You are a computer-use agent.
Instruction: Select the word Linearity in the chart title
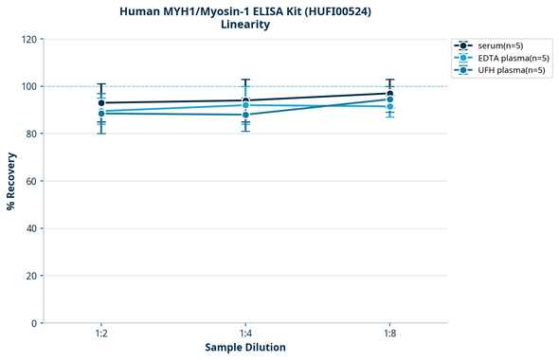pyautogui.click(x=244, y=25)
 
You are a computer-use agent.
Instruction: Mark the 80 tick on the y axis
pyautogui.click(x=31, y=134)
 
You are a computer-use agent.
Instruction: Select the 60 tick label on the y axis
pyautogui.click(x=31, y=181)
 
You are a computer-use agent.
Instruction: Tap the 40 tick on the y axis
pyautogui.click(x=31, y=228)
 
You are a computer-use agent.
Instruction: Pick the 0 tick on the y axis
pyautogui.click(x=34, y=323)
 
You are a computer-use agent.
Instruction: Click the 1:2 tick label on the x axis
pyautogui.click(x=100, y=334)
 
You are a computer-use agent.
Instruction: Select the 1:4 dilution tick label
pyautogui.click(x=245, y=334)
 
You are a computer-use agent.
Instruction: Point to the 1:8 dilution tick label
pyautogui.click(x=389, y=334)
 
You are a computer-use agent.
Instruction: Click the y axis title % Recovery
pyautogui.click(x=11, y=181)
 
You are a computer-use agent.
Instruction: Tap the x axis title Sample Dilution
pyautogui.click(x=245, y=348)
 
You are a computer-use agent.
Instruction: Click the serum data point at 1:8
pyautogui.click(x=389, y=94)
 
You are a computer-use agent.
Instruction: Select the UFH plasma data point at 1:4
pyautogui.click(x=245, y=115)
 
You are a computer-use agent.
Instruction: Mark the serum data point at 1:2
pyautogui.click(x=101, y=102)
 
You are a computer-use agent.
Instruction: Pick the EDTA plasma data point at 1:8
pyautogui.click(x=389, y=106)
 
